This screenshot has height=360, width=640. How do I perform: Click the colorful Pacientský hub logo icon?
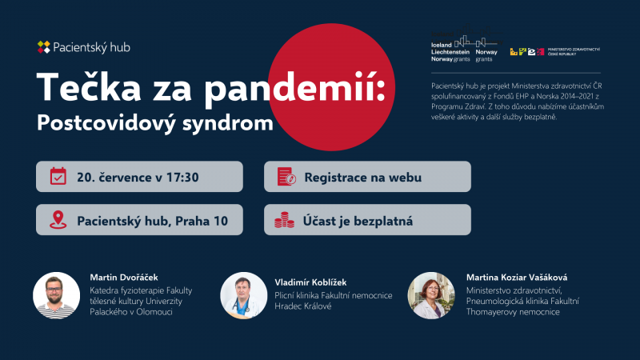click(44, 47)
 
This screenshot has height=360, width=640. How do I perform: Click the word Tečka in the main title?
click(89, 87)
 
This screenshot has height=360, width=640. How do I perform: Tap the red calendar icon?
click(58, 176)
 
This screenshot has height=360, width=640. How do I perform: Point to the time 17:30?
click(182, 177)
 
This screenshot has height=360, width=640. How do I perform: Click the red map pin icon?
click(58, 219)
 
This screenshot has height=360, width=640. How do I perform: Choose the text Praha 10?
click(202, 221)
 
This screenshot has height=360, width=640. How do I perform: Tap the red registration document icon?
click(286, 176)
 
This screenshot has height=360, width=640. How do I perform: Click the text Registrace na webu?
click(363, 178)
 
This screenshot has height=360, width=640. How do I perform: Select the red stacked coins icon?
click(285, 220)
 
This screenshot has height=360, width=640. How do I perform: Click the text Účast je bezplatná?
click(358, 221)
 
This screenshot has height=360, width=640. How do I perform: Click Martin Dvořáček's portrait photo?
click(56, 295)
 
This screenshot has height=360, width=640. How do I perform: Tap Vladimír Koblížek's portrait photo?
click(244, 295)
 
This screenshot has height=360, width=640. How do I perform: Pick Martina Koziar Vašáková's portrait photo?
click(431, 295)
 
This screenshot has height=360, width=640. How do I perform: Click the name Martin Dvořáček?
click(124, 278)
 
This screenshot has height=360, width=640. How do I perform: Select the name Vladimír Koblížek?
click(310, 282)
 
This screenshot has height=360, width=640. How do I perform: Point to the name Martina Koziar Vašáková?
click(517, 278)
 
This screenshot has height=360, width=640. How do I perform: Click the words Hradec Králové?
click(303, 306)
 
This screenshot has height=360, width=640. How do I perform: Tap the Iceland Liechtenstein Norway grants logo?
click(466, 44)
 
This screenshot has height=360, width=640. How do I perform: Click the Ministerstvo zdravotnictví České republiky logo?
click(555, 51)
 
